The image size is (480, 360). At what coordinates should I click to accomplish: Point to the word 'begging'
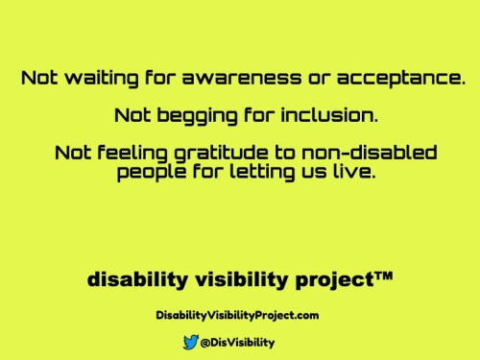tap(191, 116)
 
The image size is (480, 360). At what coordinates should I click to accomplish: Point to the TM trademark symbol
tap(382, 276)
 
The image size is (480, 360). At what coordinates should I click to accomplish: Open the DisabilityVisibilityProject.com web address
tap(237, 314)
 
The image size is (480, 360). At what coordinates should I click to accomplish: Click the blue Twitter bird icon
tap(190, 341)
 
